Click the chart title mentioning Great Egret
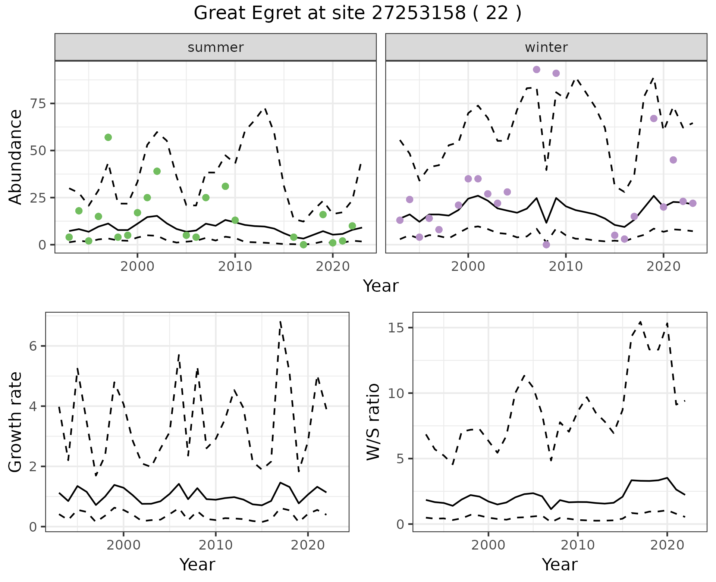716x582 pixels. coord(357,13)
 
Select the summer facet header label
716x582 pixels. coord(216,47)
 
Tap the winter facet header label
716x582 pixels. coord(546,47)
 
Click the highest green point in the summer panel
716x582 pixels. coord(108,137)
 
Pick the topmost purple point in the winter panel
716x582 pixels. coord(537,69)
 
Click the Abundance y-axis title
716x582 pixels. coord(15,157)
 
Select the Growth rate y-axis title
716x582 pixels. coord(15,422)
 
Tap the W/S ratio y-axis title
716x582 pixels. coord(373,422)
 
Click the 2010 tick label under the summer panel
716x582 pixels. coord(235,266)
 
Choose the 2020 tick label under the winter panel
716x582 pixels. coord(663,266)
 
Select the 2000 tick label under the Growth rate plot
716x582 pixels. coord(123,545)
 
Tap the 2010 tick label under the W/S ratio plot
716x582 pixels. coord(578,545)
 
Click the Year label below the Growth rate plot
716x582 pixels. coord(197,564)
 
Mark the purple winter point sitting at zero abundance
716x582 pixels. coord(546,245)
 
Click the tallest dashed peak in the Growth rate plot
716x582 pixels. coord(280,322)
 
